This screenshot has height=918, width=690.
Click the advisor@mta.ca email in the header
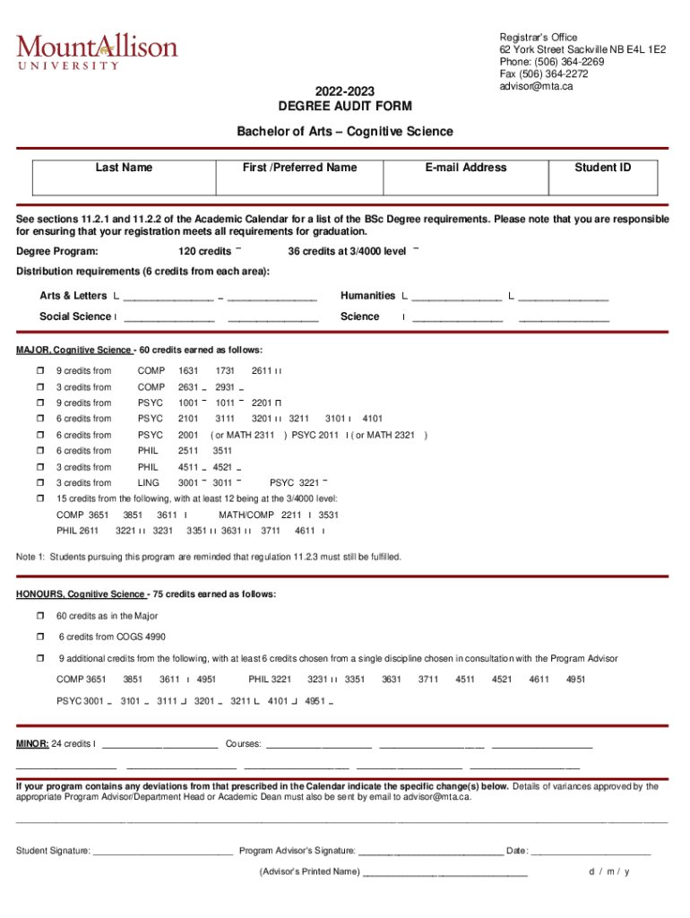pyautogui.click(x=536, y=87)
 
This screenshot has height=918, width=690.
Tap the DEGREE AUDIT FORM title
pyautogui.click(x=345, y=107)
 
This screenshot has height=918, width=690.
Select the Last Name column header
pyautogui.click(x=124, y=168)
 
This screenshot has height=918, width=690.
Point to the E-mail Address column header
pyautogui.click(x=466, y=168)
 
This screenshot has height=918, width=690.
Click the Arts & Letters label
pyautogui.click(x=73, y=296)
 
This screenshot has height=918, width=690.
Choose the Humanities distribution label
pyautogui.click(x=367, y=296)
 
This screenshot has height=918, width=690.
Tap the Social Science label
pyautogui.click(x=74, y=316)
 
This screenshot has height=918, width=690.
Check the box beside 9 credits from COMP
pyautogui.click(x=39, y=371)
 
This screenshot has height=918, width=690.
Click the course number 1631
pyautogui.click(x=188, y=371)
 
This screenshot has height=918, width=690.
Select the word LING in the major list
pyautogui.click(x=149, y=482)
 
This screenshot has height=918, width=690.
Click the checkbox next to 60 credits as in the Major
pyautogui.click(x=39, y=616)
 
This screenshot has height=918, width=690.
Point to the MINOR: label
pyautogui.click(x=33, y=744)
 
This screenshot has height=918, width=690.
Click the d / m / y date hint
pyautogui.click(x=608, y=871)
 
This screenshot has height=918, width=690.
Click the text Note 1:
pyautogui.click(x=31, y=557)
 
